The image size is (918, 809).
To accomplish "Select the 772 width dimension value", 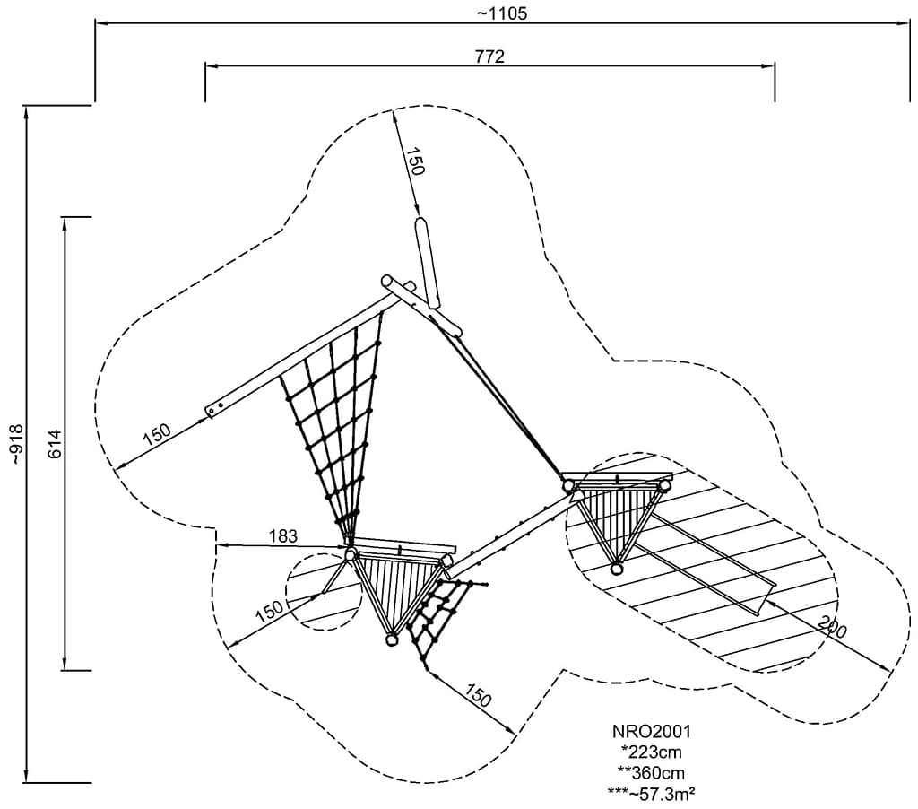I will click(490, 57).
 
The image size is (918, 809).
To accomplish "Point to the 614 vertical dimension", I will click(55, 444).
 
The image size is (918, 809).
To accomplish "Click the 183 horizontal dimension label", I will click(282, 535).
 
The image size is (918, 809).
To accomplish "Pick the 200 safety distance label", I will click(833, 628).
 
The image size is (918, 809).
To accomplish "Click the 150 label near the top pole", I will click(413, 161).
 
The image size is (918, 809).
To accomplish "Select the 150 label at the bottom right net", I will click(478, 694).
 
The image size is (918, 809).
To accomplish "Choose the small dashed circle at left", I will click(316, 592).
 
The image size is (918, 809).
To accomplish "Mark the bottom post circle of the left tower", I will click(392, 639).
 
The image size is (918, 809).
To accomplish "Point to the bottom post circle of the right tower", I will click(617, 568).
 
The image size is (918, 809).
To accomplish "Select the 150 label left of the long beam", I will click(157, 434).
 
